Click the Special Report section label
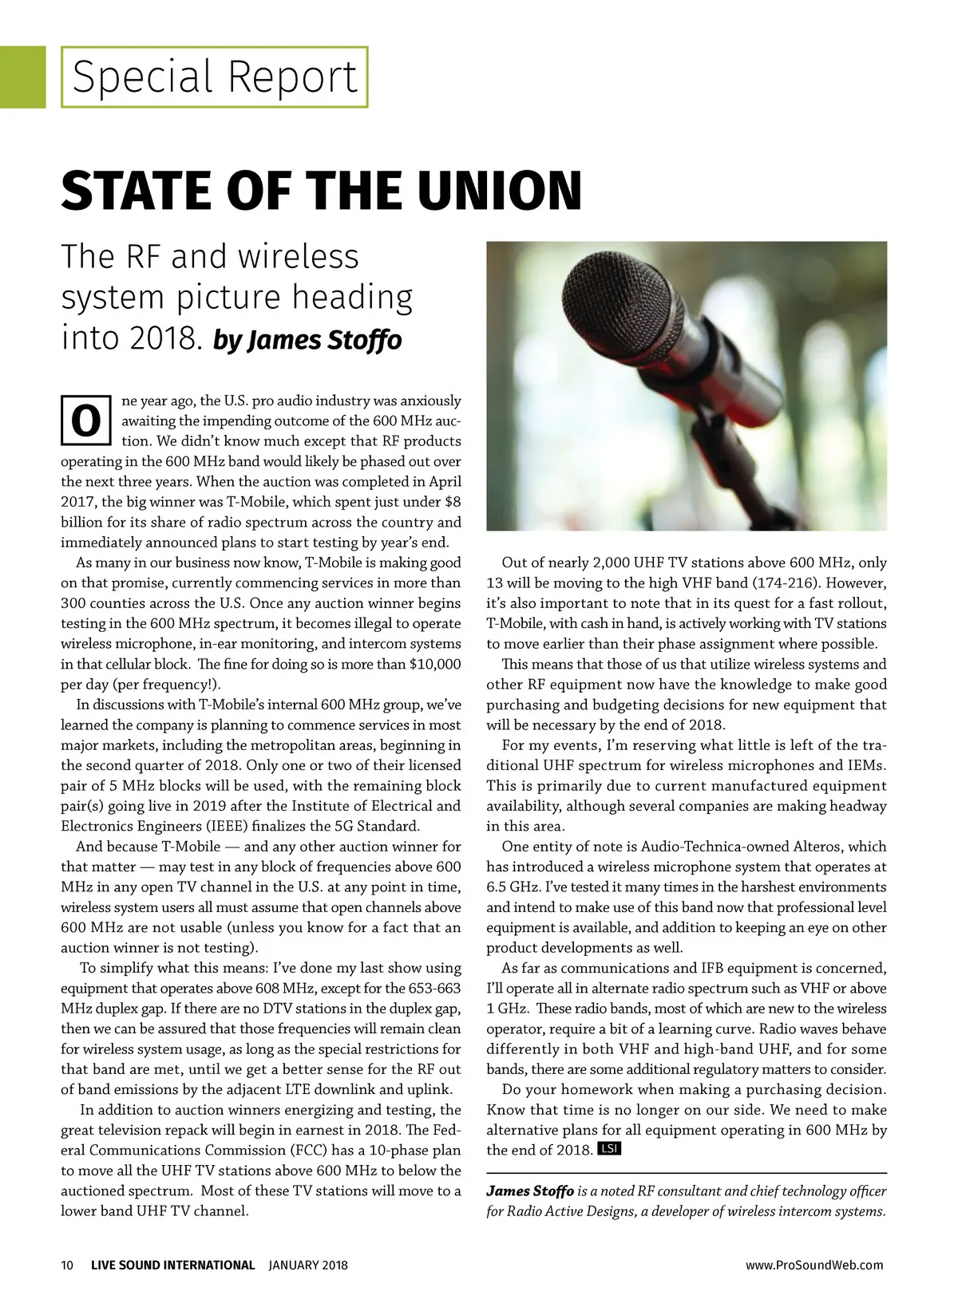[x=214, y=77]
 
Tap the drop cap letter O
[x=85, y=421]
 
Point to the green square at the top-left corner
[x=22, y=77]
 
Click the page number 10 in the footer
[x=67, y=1265]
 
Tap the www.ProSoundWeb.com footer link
[x=814, y=1265]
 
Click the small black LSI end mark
[x=609, y=1149]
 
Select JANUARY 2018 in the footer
[x=308, y=1265]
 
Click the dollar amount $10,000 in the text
[x=435, y=664]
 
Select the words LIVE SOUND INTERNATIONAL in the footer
[x=173, y=1265]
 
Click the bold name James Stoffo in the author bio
[x=530, y=1191]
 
